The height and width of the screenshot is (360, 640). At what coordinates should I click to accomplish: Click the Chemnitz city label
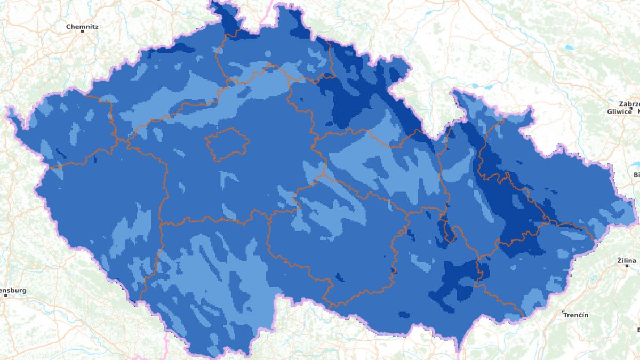(82, 26)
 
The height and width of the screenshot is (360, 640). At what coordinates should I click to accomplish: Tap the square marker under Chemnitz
(83, 31)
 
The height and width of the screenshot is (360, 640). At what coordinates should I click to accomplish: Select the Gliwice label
(619, 111)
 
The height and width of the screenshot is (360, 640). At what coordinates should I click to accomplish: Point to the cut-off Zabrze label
(629, 104)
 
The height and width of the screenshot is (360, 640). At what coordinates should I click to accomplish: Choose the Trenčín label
(578, 315)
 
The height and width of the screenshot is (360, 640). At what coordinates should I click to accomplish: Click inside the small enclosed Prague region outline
(227, 144)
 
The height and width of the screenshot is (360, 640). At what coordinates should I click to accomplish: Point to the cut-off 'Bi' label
(636, 174)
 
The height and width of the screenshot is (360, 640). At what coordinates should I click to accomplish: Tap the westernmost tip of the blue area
(7, 109)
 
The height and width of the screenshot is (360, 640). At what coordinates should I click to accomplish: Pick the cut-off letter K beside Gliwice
(638, 111)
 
